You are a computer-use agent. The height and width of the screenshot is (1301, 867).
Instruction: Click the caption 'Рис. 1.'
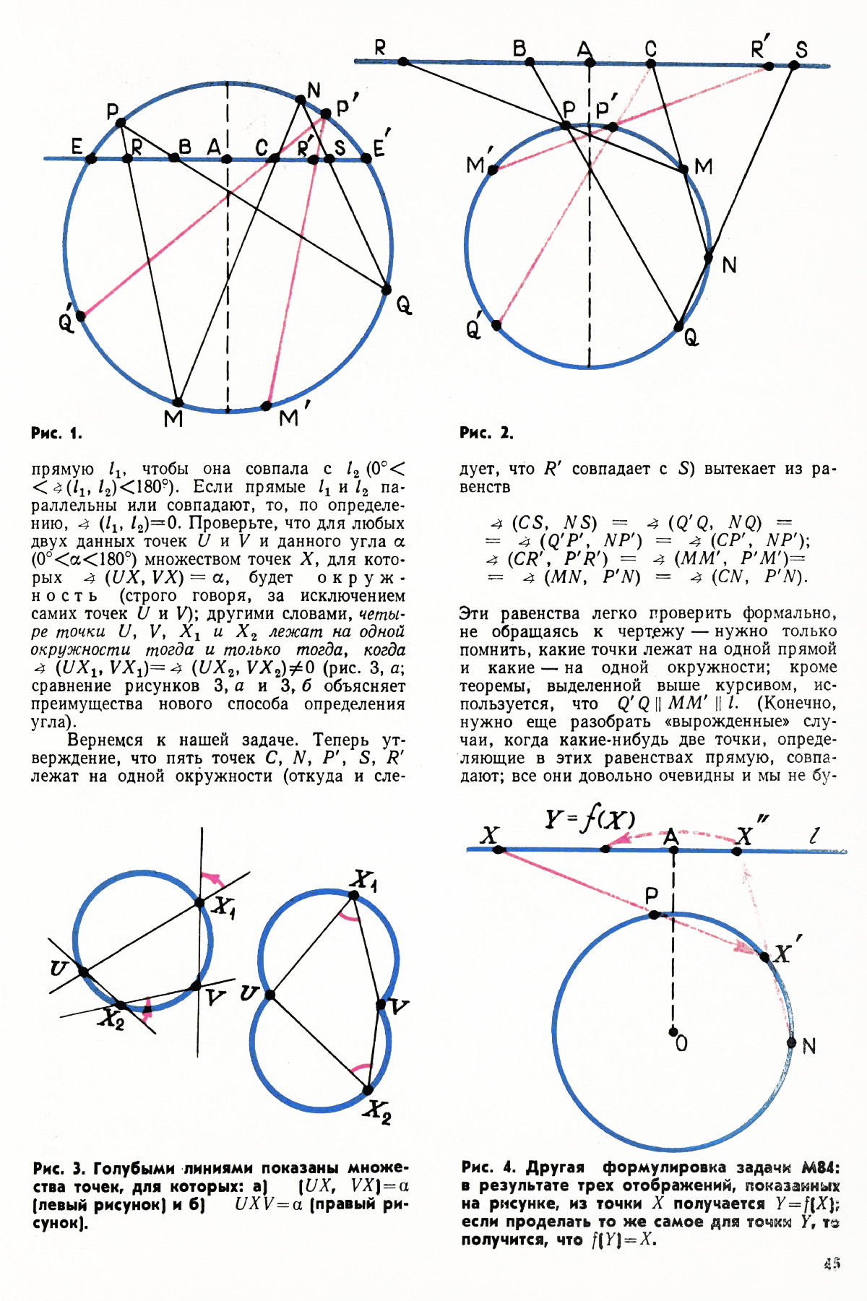[x=56, y=433]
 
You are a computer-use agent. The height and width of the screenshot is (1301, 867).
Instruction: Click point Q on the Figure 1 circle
[x=387, y=290]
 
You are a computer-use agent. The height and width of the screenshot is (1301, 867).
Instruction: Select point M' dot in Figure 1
[x=267, y=405]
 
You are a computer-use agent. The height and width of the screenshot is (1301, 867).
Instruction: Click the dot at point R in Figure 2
[x=403, y=62]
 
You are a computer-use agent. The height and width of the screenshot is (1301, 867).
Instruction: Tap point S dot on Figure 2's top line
[x=793, y=65]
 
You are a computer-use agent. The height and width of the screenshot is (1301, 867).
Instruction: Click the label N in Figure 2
[x=729, y=266]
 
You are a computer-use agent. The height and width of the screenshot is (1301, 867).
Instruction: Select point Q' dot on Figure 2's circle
[x=496, y=325]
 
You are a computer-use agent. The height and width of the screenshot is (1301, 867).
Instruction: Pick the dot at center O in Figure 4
[x=673, y=1031]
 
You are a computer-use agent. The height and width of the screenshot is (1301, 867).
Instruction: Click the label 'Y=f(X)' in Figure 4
[x=590, y=819]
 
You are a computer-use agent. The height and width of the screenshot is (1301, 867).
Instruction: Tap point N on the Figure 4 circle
[x=791, y=1042]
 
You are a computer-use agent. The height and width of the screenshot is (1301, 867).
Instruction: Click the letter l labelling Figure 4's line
[x=814, y=836]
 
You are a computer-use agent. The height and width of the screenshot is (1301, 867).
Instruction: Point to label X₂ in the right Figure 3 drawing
[x=377, y=1110]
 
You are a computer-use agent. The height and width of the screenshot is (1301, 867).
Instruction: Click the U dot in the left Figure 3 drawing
[x=84, y=972]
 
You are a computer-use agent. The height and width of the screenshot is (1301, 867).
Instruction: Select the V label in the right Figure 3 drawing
[x=398, y=1006]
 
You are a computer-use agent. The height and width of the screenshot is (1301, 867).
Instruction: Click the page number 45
[x=831, y=1263]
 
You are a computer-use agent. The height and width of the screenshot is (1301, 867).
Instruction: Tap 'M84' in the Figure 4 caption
[x=819, y=1168]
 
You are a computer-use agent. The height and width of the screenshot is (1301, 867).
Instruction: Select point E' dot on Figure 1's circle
[x=366, y=158]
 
